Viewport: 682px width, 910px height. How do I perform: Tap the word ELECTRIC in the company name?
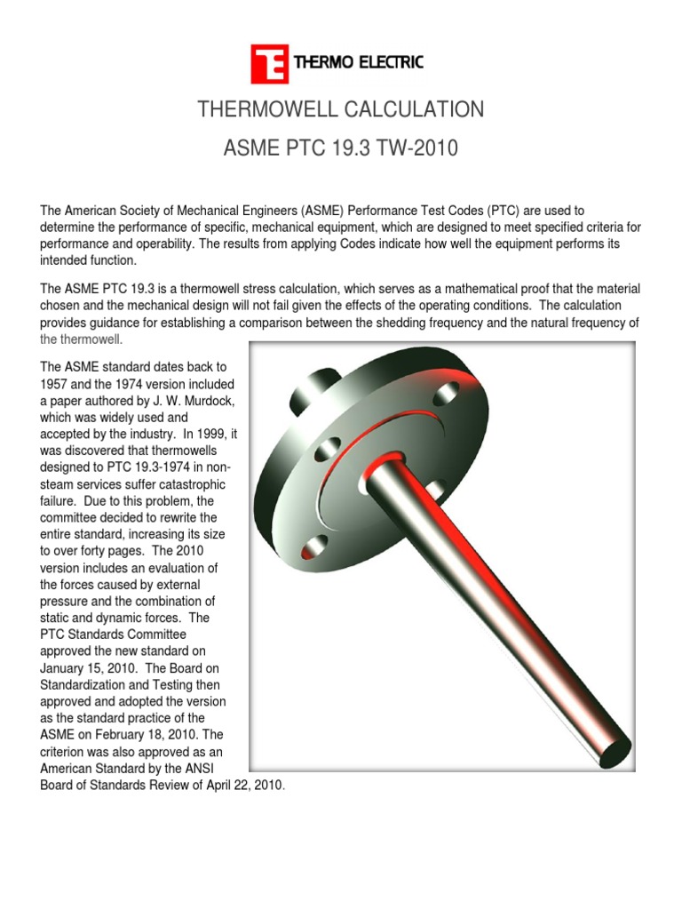point(390,62)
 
